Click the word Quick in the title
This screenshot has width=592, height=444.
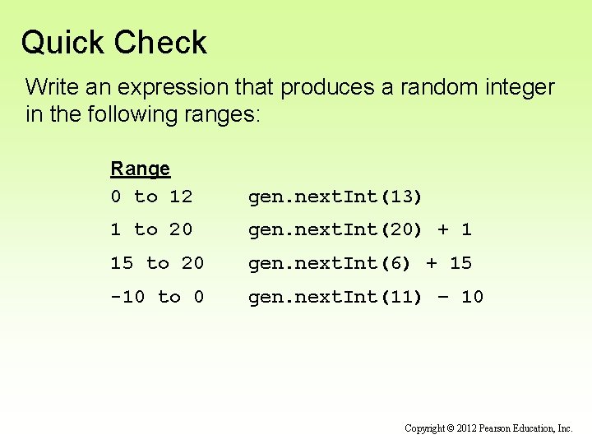point(60,43)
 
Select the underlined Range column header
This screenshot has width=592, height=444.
point(140,169)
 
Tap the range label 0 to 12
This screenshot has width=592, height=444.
point(151,197)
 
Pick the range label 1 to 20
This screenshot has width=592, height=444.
point(151,229)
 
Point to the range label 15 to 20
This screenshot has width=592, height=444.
point(157,263)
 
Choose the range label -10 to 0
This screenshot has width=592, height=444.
point(157,296)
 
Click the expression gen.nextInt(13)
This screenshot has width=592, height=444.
point(335,197)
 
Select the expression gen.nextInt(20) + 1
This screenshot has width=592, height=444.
point(359,229)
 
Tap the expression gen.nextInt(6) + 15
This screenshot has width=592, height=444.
point(359,263)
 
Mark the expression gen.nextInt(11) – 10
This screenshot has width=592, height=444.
point(365,296)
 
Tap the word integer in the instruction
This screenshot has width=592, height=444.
point(519,87)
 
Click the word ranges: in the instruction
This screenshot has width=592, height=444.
point(219,113)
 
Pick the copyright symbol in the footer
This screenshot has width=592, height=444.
point(451,428)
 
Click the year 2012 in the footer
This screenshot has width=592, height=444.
point(469,428)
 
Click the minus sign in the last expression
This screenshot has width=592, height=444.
point(444,297)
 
